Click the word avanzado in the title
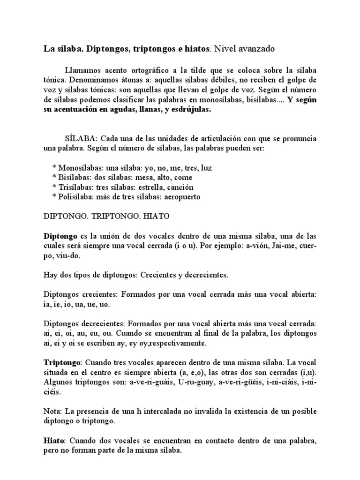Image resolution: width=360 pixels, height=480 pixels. (256, 48)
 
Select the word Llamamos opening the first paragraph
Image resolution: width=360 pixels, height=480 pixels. (82, 67)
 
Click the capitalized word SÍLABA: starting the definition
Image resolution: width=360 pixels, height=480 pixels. (81, 139)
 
